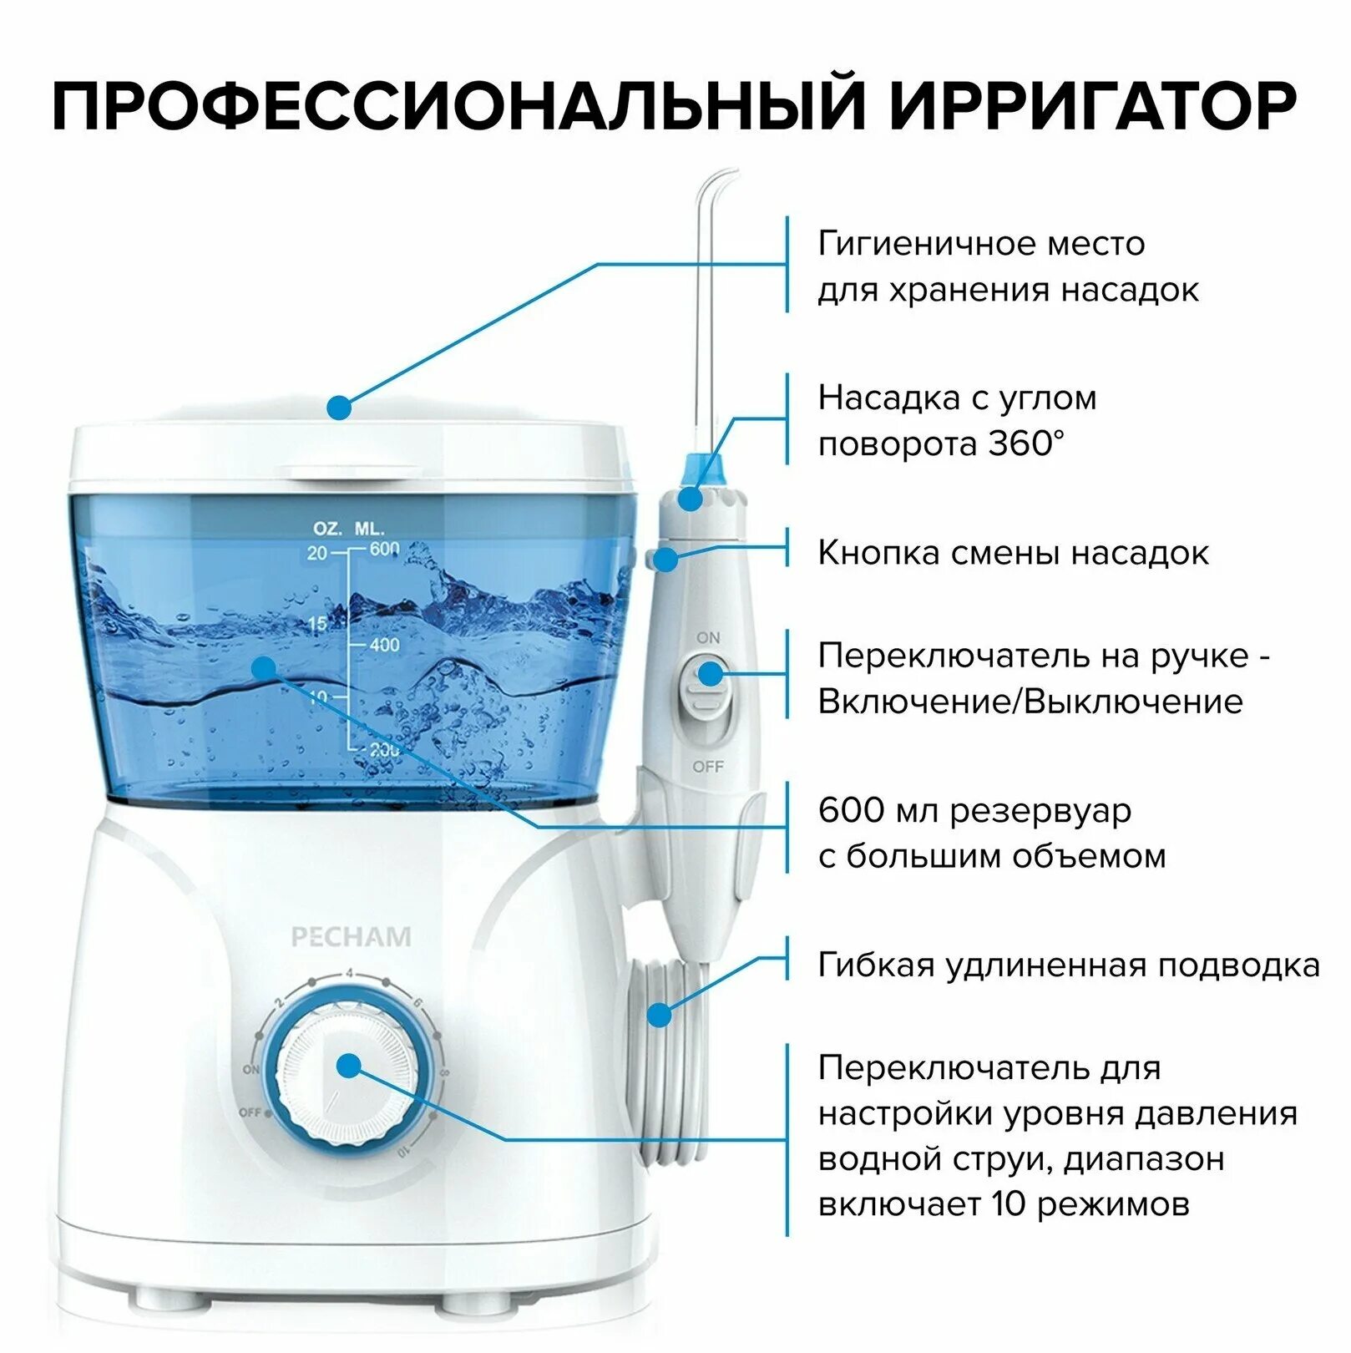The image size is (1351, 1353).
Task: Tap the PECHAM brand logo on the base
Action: point(351,937)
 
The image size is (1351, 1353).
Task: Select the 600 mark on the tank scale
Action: point(385,549)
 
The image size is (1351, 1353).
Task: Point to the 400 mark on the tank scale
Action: point(385,645)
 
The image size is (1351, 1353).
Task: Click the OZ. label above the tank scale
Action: point(327,529)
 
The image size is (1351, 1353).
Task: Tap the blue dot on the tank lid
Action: point(339,408)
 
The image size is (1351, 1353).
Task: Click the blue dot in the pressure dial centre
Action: point(349,1066)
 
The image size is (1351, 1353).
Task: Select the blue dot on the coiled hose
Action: point(660,1015)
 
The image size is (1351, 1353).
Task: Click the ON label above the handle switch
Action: point(708,637)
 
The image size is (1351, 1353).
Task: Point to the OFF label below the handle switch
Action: point(708,766)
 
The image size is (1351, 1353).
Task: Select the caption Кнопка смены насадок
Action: point(1012,553)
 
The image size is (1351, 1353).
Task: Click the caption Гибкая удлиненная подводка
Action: point(1068,965)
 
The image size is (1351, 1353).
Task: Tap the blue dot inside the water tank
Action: point(264,668)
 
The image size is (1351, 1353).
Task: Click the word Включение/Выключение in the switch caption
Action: point(1030,702)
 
